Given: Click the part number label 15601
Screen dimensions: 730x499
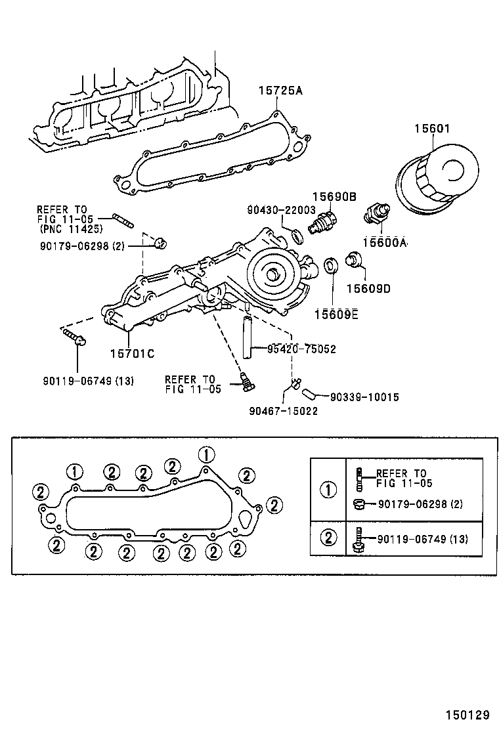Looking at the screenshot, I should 431,129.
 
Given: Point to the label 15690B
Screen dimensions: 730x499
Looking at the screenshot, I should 334,196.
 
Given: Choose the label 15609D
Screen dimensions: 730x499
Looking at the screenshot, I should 368,288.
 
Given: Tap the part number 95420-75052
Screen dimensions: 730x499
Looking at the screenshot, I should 301,349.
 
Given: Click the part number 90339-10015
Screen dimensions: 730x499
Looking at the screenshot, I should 364,397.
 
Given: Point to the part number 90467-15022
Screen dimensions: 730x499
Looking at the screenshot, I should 284,411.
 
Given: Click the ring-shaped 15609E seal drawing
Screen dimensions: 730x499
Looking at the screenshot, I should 332,266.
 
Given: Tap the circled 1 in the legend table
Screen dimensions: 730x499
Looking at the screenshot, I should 328,489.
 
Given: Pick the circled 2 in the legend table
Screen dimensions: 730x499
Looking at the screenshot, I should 328,538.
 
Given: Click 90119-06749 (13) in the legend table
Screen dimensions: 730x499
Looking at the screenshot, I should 422,538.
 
